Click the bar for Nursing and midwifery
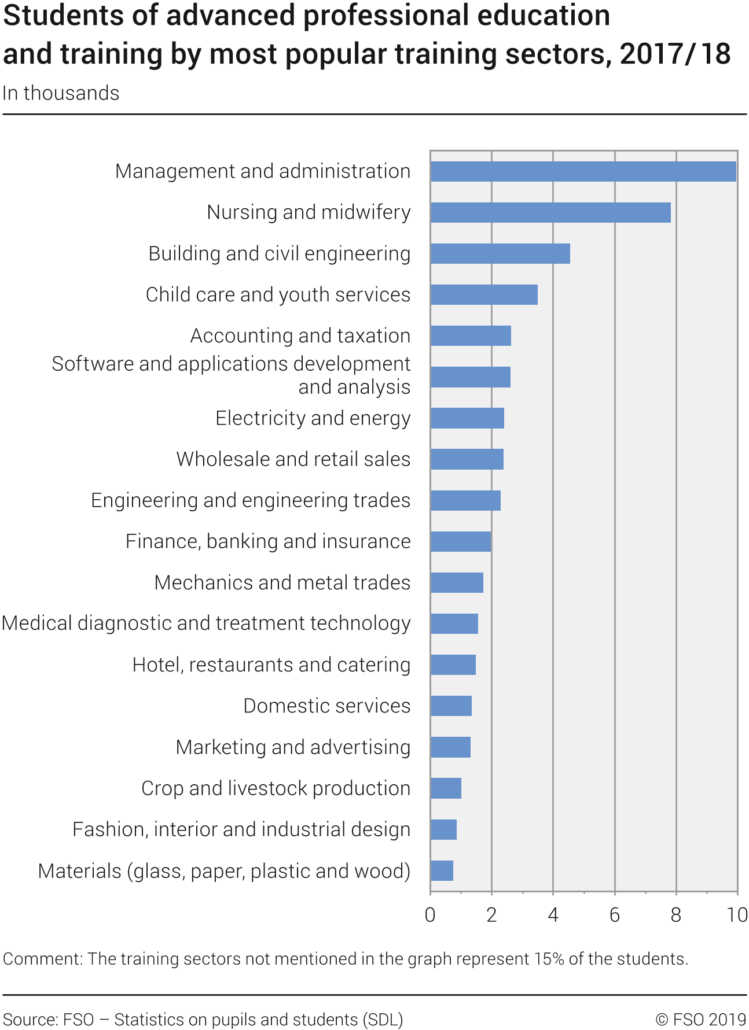pyautogui.click(x=550, y=212)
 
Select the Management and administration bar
pyautogui.click(x=583, y=171)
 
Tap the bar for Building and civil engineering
pyautogui.click(x=500, y=253)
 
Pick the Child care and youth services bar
pyautogui.click(x=484, y=294)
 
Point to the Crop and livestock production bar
pyautogui.click(x=446, y=788)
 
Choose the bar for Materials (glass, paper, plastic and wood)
pyautogui.click(x=442, y=870)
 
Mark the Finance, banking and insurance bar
pyautogui.click(x=461, y=541)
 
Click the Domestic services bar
pyautogui.click(x=451, y=706)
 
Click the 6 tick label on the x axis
pyautogui.click(x=615, y=915)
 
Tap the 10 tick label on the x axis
pyautogui.click(x=737, y=915)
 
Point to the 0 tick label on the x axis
pyautogui.click(x=430, y=915)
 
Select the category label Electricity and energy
pyautogui.click(x=313, y=418)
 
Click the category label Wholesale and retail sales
pyautogui.click(x=293, y=459)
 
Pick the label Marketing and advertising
pyautogui.click(x=293, y=747)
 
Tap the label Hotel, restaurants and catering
pyautogui.click(x=271, y=665)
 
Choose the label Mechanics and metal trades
pyautogui.click(x=282, y=582)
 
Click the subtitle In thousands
pyautogui.click(x=61, y=93)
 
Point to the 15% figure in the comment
pyautogui.click(x=549, y=959)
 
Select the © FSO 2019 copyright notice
pyautogui.click(x=700, y=1020)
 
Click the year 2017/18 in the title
pyautogui.click(x=675, y=54)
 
